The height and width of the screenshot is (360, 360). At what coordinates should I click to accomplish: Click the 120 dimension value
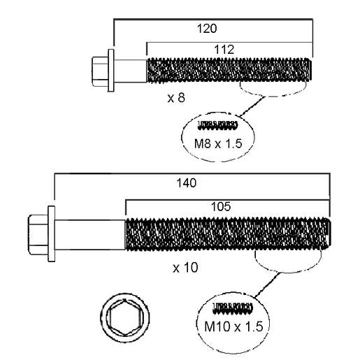pyautogui.click(x=207, y=29)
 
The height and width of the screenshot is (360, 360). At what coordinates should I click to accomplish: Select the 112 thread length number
pyautogui.click(x=224, y=50)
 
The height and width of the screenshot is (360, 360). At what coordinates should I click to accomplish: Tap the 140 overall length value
pyautogui.click(x=187, y=183)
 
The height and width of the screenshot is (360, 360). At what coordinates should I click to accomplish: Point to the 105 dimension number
pyautogui.click(x=220, y=206)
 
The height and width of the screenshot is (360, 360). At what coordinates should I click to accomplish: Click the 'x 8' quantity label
pyautogui.click(x=176, y=97)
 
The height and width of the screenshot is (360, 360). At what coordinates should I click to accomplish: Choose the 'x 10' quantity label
pyautogui.click(x=185, y=268)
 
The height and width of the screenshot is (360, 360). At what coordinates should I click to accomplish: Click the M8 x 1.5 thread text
pyautogui.click(x=218, y=143)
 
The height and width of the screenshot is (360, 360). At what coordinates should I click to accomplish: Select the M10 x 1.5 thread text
pyautogui.click(x=233, y=326)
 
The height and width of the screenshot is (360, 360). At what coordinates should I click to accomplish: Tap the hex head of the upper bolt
pyautogui.click(x=100, y=71)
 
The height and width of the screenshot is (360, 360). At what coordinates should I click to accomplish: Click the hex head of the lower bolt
pyautogui.click(x=38, y=235)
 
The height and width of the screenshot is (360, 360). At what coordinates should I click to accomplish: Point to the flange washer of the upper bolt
pyautogui.click(x=111, y=71)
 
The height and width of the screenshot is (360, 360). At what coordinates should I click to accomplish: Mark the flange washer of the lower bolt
pyautogui.click(x=52, y=234)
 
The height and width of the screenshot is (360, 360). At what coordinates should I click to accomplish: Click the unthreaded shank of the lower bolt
pyautogui.click(x=90, y=235)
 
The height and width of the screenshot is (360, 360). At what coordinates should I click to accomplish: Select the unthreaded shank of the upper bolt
pyautogui.click(x=130, y=71)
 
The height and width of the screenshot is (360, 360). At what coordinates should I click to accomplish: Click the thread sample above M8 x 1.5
pyautogui.click(x=218, y=125)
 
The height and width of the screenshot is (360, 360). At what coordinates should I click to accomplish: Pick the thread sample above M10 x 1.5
pyautogui.click(x=233, y=308)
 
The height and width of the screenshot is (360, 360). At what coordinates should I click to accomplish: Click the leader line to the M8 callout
pyautogui.click(x=252, y=106)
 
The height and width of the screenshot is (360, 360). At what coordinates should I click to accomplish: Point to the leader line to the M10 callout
pyautogui.click(x=267, y=285)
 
